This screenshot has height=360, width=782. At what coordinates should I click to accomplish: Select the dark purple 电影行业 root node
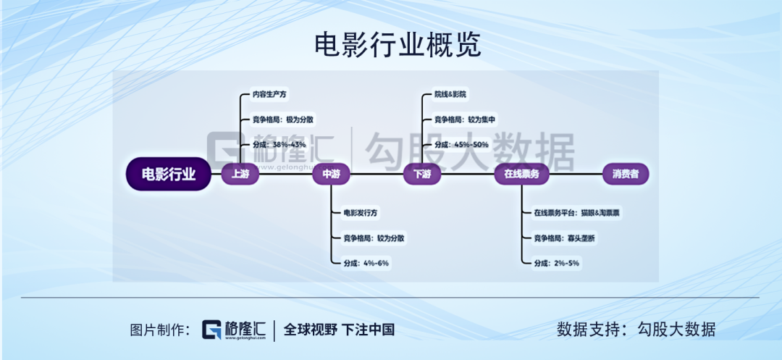coord(168,175)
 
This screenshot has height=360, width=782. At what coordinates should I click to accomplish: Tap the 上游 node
coord(240,175)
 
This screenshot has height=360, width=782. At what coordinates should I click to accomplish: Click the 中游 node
coord(331,175)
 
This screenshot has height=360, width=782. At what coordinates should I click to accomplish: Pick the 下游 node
coord(422,175)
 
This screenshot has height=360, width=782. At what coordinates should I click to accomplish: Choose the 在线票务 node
coord(521,175)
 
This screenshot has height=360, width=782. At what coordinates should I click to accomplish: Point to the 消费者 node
coord(626,175)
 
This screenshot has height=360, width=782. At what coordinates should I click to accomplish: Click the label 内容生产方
coord(269,94)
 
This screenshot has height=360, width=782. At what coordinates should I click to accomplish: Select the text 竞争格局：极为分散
coord(283,120)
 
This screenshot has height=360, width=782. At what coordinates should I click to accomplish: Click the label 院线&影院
coord(450,94)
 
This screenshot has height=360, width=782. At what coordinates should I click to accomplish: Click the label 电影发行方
coord(361,213)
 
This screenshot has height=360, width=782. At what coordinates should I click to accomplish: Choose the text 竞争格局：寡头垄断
coord(565,238)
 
